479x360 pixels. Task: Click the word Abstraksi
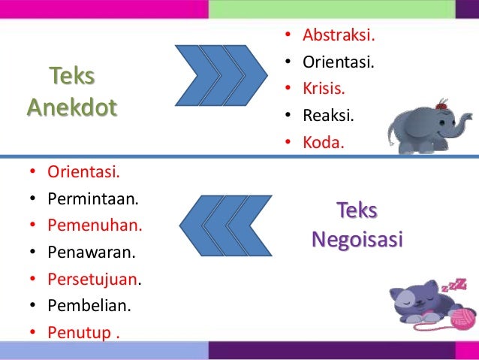click(339, 35)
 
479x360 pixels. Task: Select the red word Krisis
click(324, 89)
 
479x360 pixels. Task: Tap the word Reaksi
click(328, 116)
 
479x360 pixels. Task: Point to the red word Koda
click(323, 143)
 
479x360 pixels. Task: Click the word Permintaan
click(88, 200)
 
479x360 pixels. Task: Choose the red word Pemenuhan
click(95, 225)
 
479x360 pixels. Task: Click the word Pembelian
click(89, 305)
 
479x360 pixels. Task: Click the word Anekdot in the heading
click(72, 108)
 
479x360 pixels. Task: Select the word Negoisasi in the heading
click(357, 240)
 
